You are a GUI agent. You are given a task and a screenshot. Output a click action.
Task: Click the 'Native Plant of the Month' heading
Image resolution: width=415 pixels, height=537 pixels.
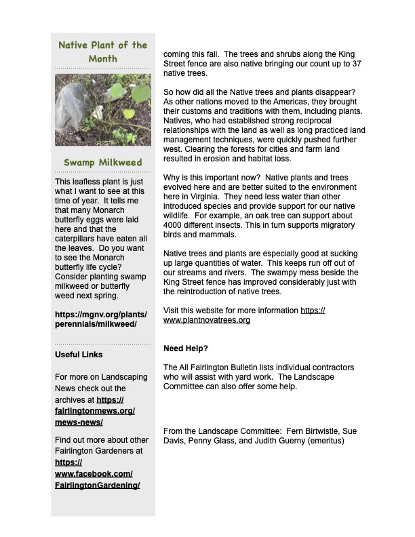tap(103, 52)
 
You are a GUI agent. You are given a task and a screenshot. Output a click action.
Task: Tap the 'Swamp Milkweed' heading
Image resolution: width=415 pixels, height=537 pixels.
tap(103, 163)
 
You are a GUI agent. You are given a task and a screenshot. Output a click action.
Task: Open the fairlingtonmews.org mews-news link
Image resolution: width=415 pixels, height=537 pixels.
tap(94, 412)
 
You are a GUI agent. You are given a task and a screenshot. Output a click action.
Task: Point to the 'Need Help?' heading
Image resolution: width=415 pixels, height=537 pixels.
tap(186, 349)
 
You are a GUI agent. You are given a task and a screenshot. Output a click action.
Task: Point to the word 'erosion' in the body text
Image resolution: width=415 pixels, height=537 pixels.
tap(211, 158)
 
